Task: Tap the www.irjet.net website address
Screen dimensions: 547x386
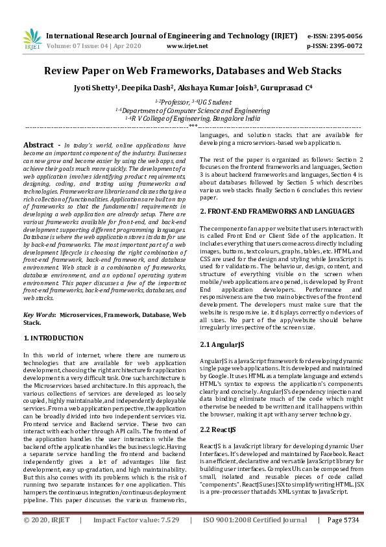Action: click(x=187, y=46)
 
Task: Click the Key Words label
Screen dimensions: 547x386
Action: click(x=40, y=314)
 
